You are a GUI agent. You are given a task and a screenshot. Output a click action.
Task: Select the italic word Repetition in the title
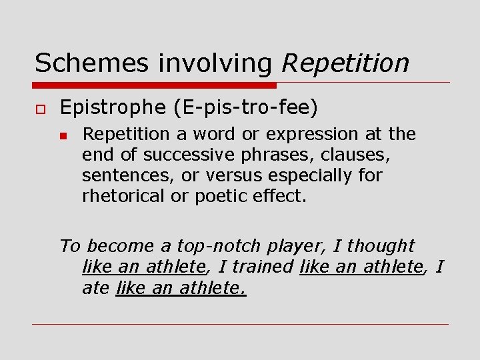tap(345, 63)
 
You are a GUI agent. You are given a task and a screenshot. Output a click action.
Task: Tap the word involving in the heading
tap(215, 63)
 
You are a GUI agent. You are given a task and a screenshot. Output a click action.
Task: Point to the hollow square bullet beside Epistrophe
tap(39, 107)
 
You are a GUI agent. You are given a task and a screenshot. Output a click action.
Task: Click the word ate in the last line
tap(96, 288)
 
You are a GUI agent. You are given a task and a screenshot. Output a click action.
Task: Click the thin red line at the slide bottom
tap(240, 325)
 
